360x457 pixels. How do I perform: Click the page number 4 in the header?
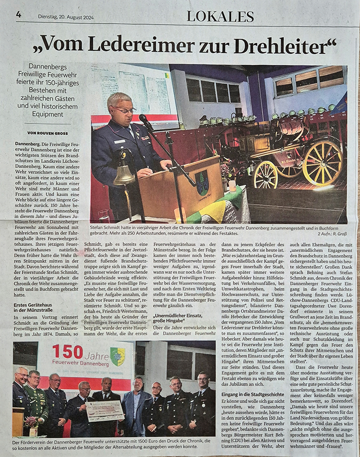coord(19,14)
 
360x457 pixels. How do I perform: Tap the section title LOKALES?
coord(220,16)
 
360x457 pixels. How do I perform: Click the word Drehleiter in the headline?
coord(285,45)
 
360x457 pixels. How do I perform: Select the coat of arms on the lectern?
coord(202,182)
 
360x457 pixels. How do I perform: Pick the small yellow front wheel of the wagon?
coord(266,175)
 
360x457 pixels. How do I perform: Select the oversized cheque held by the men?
coord(104,411)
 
